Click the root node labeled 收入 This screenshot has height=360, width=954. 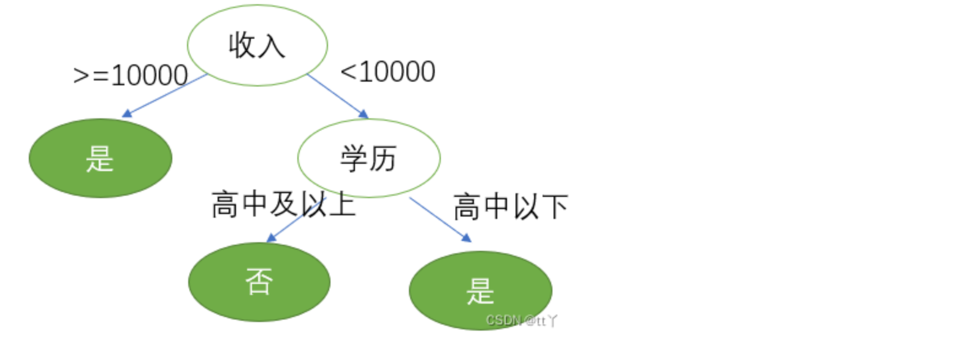coord(257,45)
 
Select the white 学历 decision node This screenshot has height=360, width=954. coord(368,158)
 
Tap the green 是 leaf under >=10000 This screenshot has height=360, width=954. coord(100,158)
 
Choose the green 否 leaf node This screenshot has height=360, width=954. coord(259,282)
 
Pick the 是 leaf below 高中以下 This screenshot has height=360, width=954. coord(480,290)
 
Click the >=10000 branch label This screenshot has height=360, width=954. coord(130,76)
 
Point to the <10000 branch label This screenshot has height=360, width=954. coord(387,72)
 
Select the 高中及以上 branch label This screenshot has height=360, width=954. coord(283,204)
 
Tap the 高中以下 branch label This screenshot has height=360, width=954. coord(510,207)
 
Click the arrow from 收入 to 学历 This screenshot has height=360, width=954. coord(337,95)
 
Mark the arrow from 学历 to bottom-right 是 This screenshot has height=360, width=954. coord(439,219)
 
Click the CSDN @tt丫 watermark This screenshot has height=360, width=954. coord(521,320)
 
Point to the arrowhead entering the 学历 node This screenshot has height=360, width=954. coord(364,114)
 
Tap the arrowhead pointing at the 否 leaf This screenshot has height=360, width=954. coord(271,238)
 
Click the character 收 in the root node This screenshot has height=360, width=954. coord(242,45)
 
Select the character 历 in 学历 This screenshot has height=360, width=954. coord(383,159)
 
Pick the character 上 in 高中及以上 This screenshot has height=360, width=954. coord(342,204)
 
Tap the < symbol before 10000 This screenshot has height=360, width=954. coord(348,72)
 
